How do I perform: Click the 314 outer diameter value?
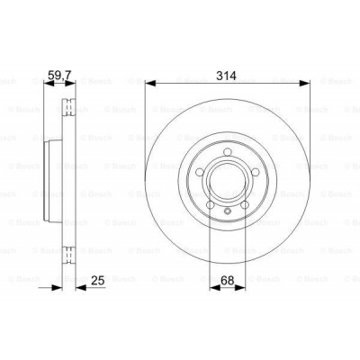coord(226,76)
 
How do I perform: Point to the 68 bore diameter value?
coord(228,279)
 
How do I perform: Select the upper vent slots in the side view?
coord(68,112)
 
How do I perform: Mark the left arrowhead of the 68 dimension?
coord(211,289)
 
